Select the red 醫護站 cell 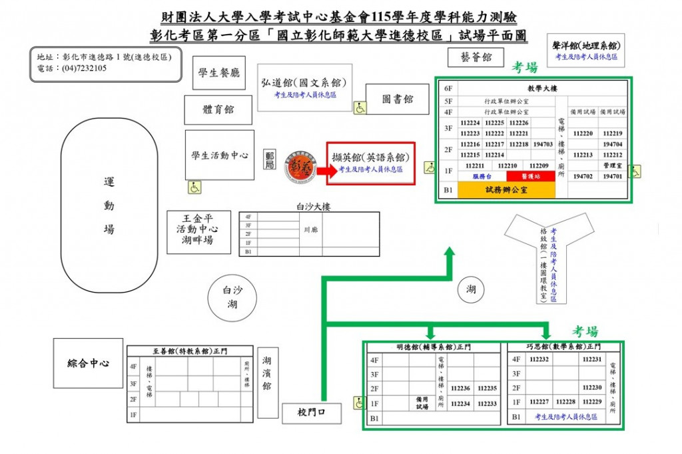tap(530, 177)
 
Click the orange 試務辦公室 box tap(506, 190)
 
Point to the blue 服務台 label tap(482, 177)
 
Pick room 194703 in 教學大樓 tap(543, 144)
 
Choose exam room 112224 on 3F tap(470, 123)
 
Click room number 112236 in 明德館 tap(460, 388)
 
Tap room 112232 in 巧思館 tap(539, 359)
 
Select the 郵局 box tap(270, 160)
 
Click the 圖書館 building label tap(398, 99)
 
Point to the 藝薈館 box tap(480, 58)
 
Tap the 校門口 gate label tap(311, 413)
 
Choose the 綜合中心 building tap(88, 363)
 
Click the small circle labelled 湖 tap(472, 289)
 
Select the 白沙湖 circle tap(232, 298)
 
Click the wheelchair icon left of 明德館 tap(359, 403)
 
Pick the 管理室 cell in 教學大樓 tap(612, 165)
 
